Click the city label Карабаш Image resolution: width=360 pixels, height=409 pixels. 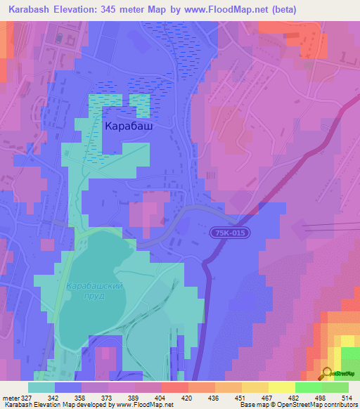(x=129, y=126)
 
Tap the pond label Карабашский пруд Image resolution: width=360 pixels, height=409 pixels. (x=95, y=291)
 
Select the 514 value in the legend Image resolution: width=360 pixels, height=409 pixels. (x=345, y=397)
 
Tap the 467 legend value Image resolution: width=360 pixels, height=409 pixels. (x=264, y=397)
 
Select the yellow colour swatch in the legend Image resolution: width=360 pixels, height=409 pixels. (x=282, y=387)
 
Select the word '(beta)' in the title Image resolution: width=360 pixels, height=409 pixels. (x=281, y=10)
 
